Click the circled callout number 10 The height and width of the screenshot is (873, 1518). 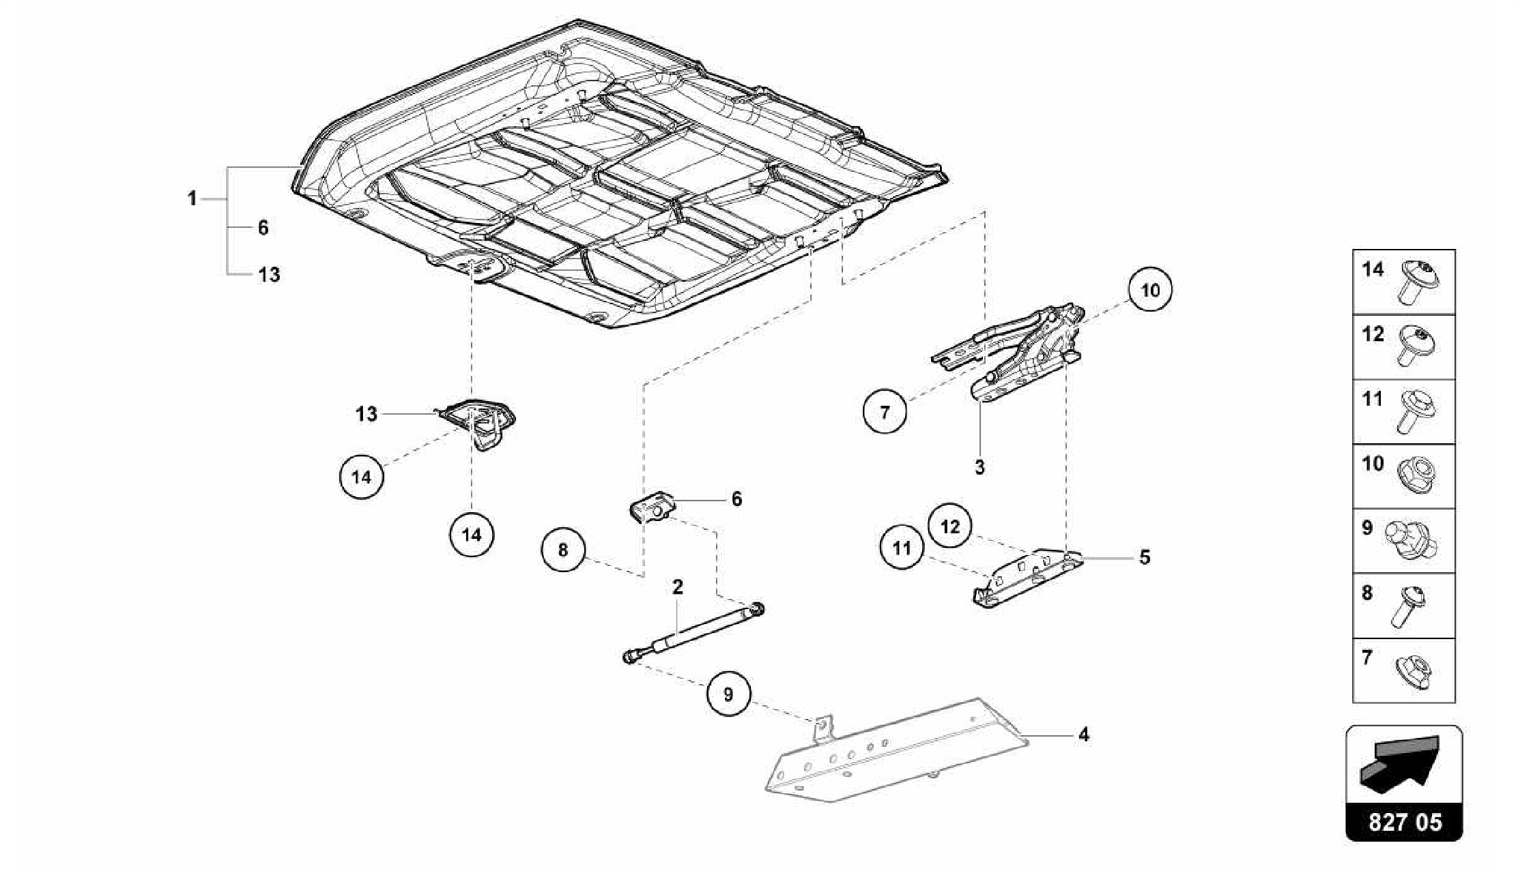(1150, 290)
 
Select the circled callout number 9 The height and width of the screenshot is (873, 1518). (728, 695)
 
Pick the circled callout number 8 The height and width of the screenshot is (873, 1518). (563, 550)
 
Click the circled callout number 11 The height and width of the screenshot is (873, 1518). (901, 548)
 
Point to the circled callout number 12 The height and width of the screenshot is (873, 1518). (950, 526)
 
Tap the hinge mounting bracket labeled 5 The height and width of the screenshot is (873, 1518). (1027, 577)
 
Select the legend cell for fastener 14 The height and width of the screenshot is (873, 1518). (1403, 282)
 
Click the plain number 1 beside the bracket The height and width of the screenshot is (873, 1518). (192, 199)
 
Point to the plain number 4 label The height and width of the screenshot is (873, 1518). (1084, 735)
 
